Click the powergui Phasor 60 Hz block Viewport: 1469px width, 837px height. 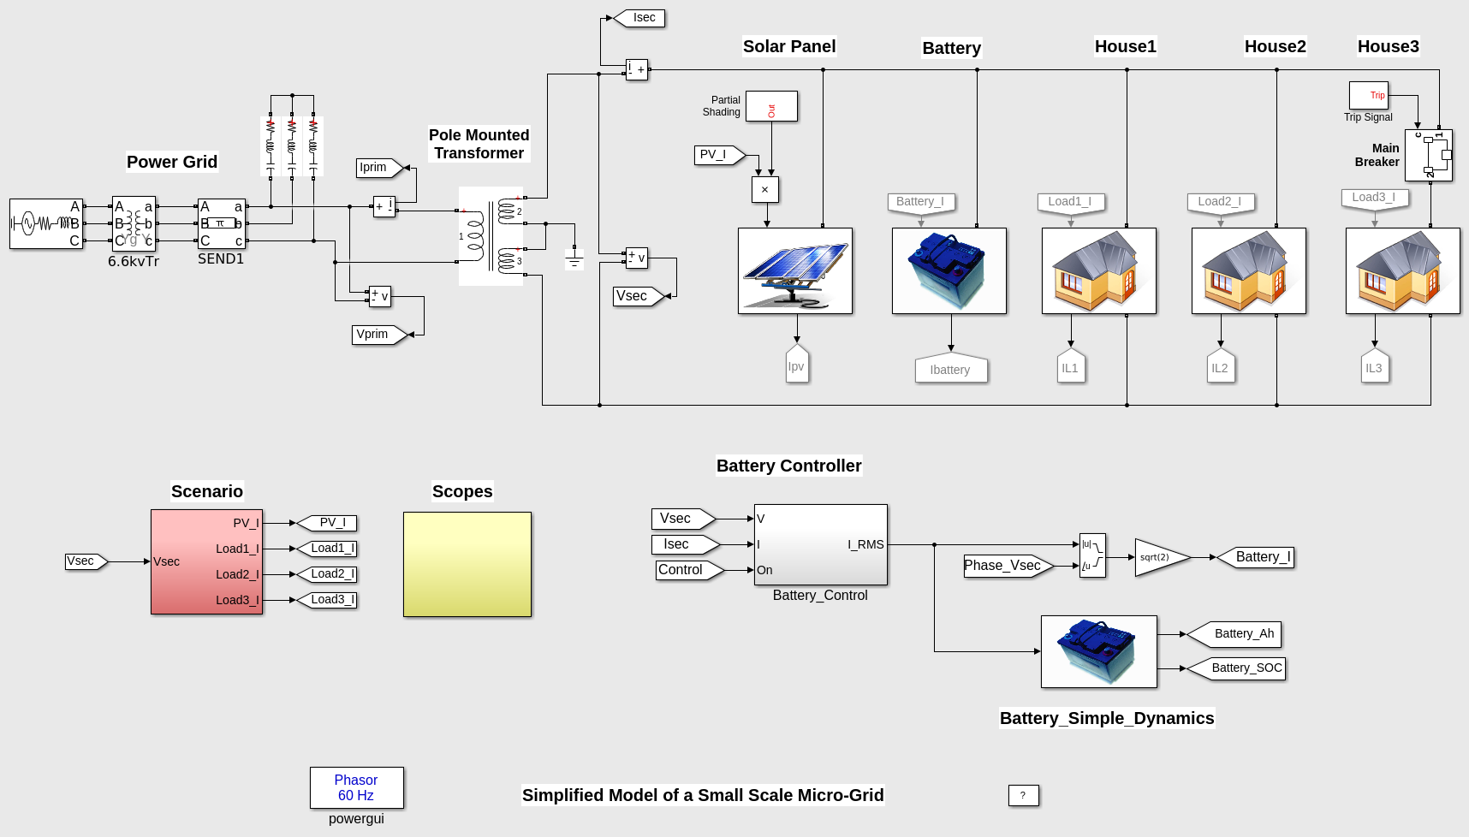pos(356,787)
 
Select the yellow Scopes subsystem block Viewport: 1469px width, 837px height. pos(467,564)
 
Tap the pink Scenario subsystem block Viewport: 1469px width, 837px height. pos(206,561)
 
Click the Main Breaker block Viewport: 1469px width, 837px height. pos(1428,155)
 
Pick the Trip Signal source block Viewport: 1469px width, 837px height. pos(1368,95)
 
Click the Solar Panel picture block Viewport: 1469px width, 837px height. pos(794,270)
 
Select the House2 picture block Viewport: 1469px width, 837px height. pos(1248,270)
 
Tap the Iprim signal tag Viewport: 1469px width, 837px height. pos(378,168)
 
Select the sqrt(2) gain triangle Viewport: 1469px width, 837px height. pos(1159,557)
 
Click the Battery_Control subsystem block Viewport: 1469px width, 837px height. pos(820,544)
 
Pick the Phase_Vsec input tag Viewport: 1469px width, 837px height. pos(1005,566)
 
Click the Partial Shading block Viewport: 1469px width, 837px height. pos(771,106)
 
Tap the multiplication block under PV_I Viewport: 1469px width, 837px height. pos(764,190)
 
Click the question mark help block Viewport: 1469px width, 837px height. pos(1023,795)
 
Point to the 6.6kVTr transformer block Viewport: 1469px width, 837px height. pos(134,223)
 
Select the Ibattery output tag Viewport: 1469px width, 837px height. pos(950,369)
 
